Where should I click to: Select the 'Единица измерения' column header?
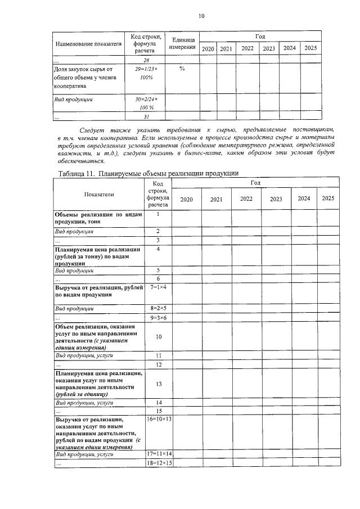click(x=183, y=43)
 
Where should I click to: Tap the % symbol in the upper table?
click(x=182, y=68)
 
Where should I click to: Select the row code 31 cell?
click(x=146, y=116)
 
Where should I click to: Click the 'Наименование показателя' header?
click(x=88, y=43)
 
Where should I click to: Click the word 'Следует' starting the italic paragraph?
click(x=90, y=130)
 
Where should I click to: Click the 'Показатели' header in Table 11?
click(x=98, y=194)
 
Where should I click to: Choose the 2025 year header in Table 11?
click(x=327, y=199)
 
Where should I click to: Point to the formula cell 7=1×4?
click(x=159, y=287)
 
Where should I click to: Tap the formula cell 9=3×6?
click(x=159, y=318)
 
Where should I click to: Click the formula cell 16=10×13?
click(x=159, y=419)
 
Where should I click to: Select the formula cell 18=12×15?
click(x=159, y=462)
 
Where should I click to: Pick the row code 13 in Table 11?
click(x=159, y=384)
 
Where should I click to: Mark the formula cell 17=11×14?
click(x=159, y=453)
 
